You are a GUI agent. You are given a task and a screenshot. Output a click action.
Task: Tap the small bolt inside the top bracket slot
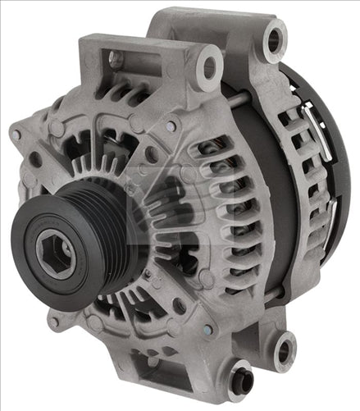116,59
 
